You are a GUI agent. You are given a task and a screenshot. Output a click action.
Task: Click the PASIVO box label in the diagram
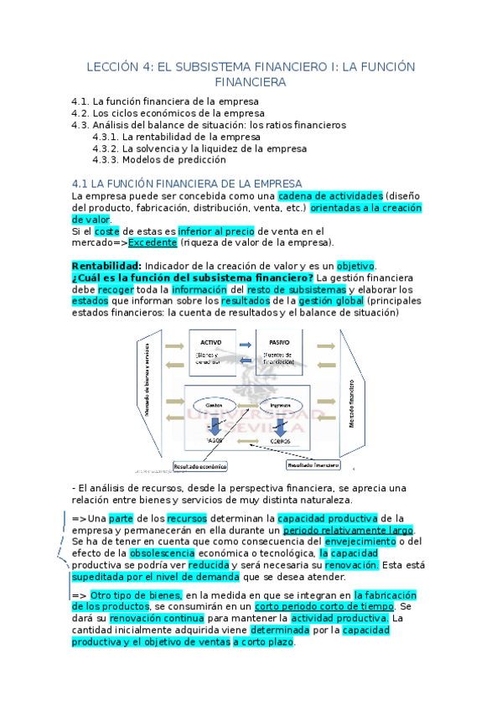tap(279, 343)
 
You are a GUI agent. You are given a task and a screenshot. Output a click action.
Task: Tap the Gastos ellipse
tap(213, 405)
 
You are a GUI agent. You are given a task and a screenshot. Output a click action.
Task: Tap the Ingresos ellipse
tap(278, 405)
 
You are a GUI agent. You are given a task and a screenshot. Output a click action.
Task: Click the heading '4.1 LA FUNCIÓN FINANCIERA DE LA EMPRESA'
tap(187, 183)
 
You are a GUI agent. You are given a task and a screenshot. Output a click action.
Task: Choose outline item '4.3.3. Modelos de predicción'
tap(159, 159)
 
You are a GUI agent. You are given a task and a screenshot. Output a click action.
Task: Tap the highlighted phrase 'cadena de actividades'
tap(331, 195)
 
